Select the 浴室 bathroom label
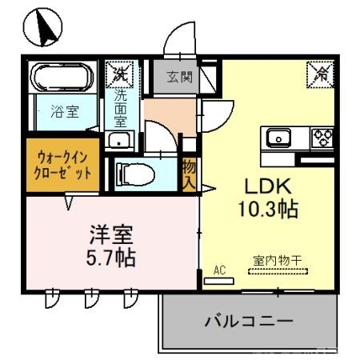[64, 112]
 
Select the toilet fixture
[136, 174]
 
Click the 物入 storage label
[189, 174]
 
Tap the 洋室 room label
[110, 236]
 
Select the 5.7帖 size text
[110, 259]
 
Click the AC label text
[220, 270]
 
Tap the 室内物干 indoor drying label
[276, 260]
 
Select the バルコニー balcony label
[248, 322]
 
